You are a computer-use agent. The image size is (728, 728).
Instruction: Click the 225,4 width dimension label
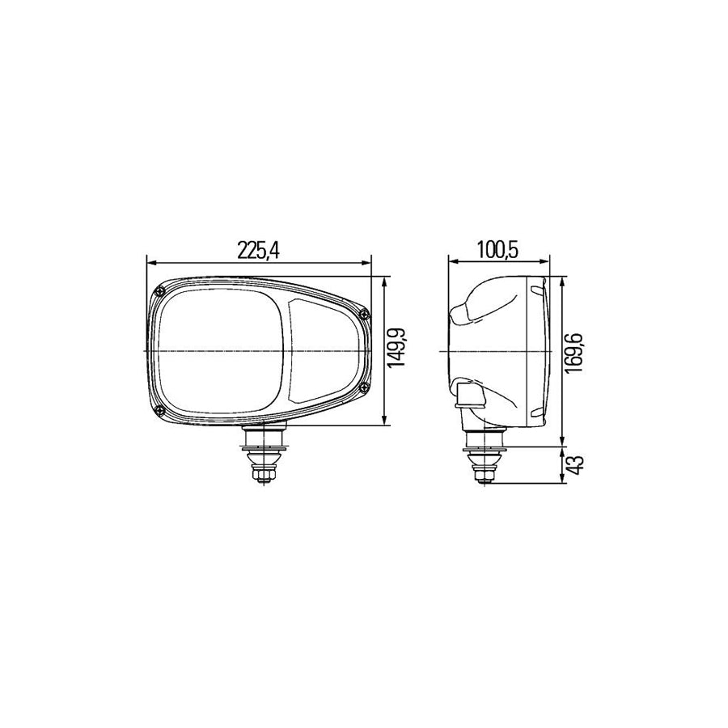[258, 251]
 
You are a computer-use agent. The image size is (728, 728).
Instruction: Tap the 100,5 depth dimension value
[497, 251]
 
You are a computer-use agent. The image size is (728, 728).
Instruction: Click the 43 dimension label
[577, 465]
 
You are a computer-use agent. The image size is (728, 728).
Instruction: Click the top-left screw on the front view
[156, 292]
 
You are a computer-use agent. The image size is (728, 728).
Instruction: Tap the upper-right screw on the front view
[365, 313]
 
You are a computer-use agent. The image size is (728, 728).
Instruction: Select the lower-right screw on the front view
[365, 387]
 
